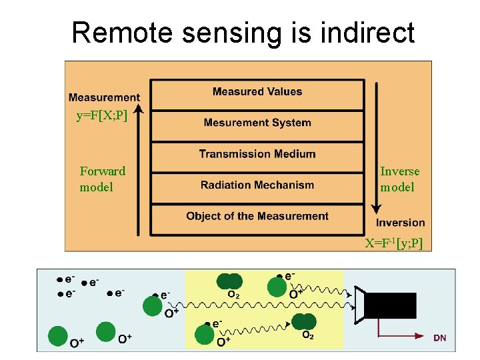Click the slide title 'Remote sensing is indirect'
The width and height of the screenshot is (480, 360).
point(243,32)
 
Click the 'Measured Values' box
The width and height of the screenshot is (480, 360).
point(257,92)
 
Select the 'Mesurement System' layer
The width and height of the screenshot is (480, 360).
point(257,123)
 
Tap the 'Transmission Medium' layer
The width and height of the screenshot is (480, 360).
point(257,154)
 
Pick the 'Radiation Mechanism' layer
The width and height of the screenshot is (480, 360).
point(257,185)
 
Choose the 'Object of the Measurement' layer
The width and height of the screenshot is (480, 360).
point(257,216)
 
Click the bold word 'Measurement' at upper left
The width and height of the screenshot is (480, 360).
point(105,98)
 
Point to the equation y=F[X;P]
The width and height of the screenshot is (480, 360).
point(101,116)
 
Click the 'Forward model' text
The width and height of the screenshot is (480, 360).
point(103,179)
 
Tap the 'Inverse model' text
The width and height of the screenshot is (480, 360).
point(400,179)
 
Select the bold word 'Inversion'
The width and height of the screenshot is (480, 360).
point(400,223)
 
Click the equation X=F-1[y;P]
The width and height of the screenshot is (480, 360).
point(393,243)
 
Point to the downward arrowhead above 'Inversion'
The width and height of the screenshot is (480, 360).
point(376,209)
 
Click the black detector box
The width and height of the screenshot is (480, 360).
point(390,305)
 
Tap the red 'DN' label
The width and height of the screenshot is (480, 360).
point(440,338)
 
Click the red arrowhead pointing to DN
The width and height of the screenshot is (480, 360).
point(424,337)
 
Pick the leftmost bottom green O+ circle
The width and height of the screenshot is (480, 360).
point(58,335)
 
